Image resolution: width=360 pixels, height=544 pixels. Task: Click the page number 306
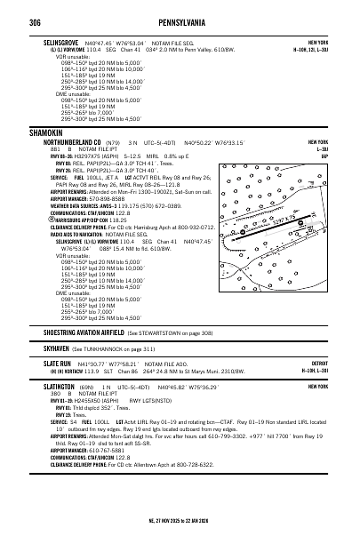(35, 19)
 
